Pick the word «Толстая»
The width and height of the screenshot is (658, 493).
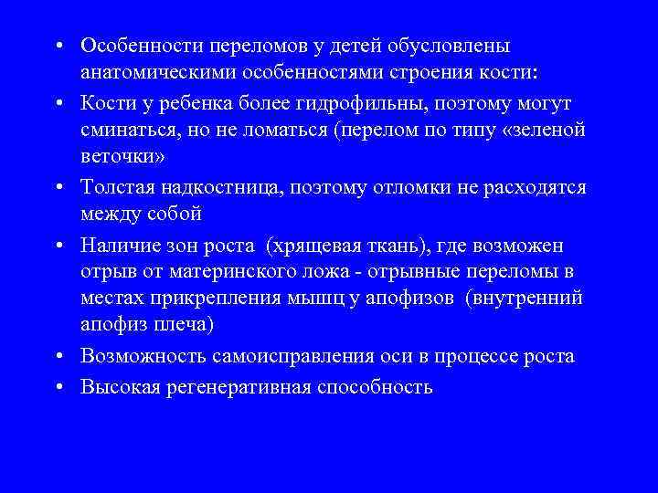(112, 187)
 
